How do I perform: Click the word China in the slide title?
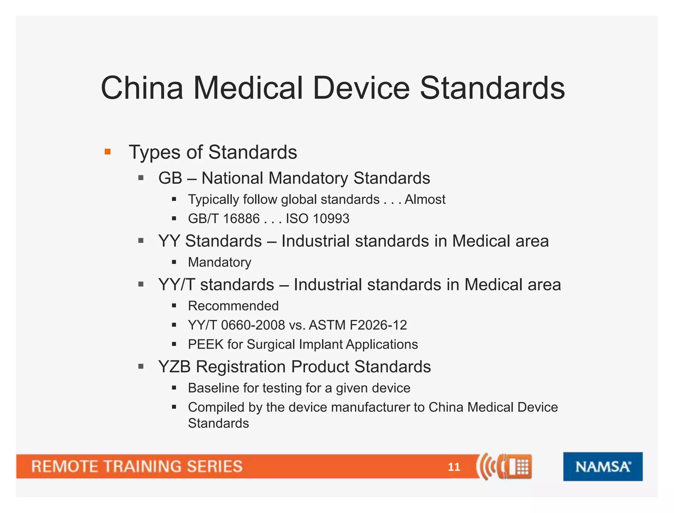[142, 88]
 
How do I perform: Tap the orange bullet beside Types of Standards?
[108, 152]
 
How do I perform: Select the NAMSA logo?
[603, 467]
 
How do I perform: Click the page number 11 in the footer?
[454, 467]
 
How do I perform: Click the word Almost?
[425, 200]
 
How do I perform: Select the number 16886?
[241, 219]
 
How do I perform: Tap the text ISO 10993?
[317, 219]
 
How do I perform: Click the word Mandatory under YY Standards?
[220, 262]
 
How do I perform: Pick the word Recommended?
[233, 306]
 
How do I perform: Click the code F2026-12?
[378, 325]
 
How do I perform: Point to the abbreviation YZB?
[174, 367]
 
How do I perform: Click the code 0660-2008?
[253, 325]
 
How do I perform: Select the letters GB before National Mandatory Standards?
[170, 178]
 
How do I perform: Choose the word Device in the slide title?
[361, 88]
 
